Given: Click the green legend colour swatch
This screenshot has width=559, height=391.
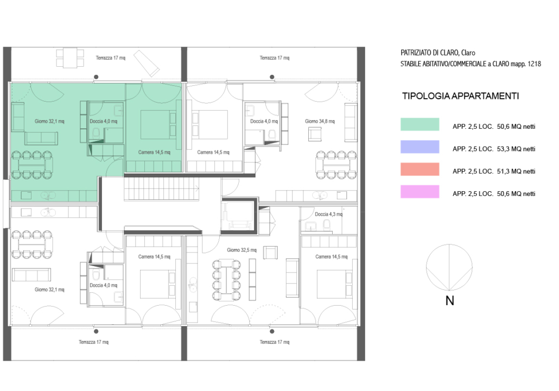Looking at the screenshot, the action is click(x=420, y=124).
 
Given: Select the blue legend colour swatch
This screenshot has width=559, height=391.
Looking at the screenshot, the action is click(x=420, y=147).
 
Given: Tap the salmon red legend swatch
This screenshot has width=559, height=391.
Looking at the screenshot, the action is click(x=420, y=169).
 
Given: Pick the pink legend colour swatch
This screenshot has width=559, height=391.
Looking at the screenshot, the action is click(x=420, y=192).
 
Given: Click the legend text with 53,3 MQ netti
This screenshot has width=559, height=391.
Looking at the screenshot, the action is click(x=494, y=149).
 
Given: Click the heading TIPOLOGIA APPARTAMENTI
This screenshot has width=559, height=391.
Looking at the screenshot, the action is click(x=460, y=96).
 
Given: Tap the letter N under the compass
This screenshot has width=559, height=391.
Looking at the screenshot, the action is click(x=449, y=301).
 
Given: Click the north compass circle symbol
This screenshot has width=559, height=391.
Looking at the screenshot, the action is click(x=449, y=267).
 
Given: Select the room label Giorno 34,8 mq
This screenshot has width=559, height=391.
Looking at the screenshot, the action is click(x=320, y=121).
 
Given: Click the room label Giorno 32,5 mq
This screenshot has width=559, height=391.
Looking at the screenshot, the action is click(x=242, y=250).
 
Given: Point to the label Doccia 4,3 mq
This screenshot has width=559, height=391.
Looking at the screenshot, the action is click(x=329, y=215).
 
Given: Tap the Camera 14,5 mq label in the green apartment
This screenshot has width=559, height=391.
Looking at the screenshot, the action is click(x=154, y=153).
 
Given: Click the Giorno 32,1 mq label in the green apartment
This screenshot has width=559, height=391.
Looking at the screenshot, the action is click(x=49, y=121).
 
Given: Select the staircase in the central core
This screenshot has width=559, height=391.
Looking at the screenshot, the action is click(x=161, y=189).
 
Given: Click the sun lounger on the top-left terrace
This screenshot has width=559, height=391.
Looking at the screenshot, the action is click(x=147, y=63).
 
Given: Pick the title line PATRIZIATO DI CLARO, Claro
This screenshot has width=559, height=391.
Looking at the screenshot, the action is click(x=438, y=53).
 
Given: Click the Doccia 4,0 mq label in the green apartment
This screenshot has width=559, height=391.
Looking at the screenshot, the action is click(x=103, y=121).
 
